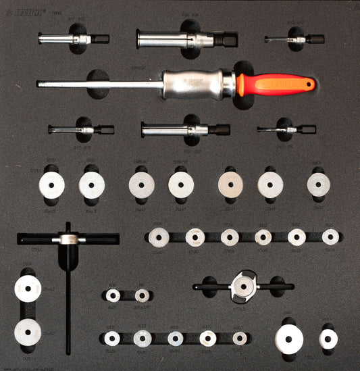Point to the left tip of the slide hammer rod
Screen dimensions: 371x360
(39, 84)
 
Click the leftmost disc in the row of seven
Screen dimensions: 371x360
(51, 184)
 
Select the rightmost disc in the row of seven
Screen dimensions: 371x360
(318, 184)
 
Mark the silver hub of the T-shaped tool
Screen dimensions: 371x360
(68, 239)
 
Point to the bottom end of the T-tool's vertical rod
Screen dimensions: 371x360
(68, 351)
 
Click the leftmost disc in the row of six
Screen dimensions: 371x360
(159, 237)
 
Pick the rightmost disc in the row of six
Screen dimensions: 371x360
(330, 237)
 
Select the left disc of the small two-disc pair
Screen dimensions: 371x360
(113, 295)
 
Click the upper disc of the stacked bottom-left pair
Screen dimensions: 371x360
(28, 289)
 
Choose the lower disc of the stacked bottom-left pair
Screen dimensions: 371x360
(28, 332)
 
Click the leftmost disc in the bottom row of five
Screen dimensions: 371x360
(112, 338)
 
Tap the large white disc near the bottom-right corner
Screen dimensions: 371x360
(288, 339)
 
